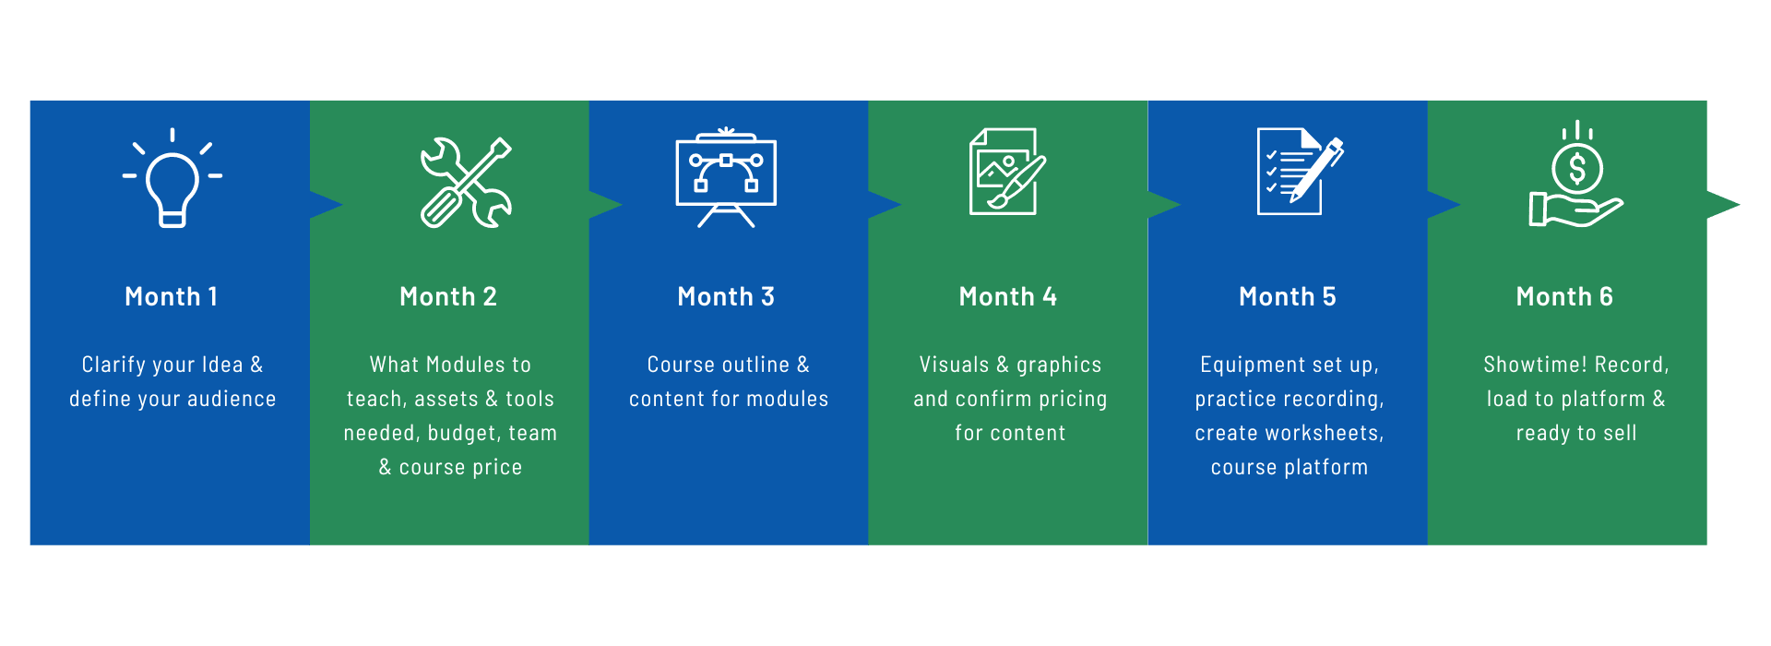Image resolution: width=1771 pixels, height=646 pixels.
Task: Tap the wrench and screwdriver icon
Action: (466, 183)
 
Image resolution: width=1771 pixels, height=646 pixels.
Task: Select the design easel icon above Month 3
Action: (726, 177)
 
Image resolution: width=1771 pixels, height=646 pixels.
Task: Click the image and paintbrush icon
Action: (1007, 172)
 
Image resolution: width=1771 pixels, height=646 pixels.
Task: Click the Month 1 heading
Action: (172, 296)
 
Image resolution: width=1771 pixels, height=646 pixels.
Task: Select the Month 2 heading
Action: (448, 296)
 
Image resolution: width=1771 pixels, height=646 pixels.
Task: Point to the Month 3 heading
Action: (726, 296)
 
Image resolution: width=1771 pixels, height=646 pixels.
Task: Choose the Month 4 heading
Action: (1008, 296)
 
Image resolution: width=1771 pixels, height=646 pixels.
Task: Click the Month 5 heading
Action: (1288, 296)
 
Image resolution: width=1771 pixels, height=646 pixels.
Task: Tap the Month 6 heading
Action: (1564, 296)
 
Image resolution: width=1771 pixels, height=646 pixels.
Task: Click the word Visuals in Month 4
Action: (954, 365)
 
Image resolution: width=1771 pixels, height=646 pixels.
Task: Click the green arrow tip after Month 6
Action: (1740, 204)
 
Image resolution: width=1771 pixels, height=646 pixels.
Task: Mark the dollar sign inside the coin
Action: (1577, 170)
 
